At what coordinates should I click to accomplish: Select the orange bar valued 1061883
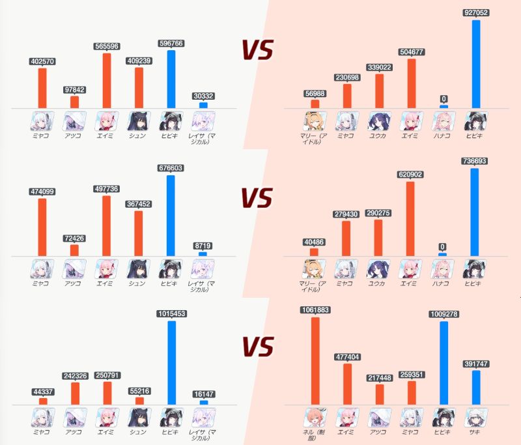pyautogui.click(x=315, y=361)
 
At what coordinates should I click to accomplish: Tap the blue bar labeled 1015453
pyautogui.click(x=172, y=363)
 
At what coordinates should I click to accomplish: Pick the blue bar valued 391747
pyautogui.click(x=476, y=388)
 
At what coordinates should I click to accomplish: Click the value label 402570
pyautogui.click(x=42, y=62)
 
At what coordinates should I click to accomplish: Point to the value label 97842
pyautogui.click(x=74, y=90)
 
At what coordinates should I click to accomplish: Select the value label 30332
pyautogui.click(x=203, y=96)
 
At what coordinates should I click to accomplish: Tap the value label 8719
pyautogui.click(x=203, y=246)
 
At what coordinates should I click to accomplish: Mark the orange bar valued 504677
pyautogui.click(x=412, y=83)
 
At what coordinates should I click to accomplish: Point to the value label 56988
pyautogui.click(x=315, y=93)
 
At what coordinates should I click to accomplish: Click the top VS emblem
pyautogui.click(x=257, y=50)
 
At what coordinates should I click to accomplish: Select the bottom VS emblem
pyautogui.click(x=257, y=347)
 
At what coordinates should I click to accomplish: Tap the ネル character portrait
pyautogui.click(x=315, y=418)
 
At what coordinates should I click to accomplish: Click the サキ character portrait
pyautogui.click(x=476, y=418)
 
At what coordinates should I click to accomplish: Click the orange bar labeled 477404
pyautogui.click(x=347, y=384)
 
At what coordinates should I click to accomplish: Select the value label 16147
pyautogui.click(x=203, y=394)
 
